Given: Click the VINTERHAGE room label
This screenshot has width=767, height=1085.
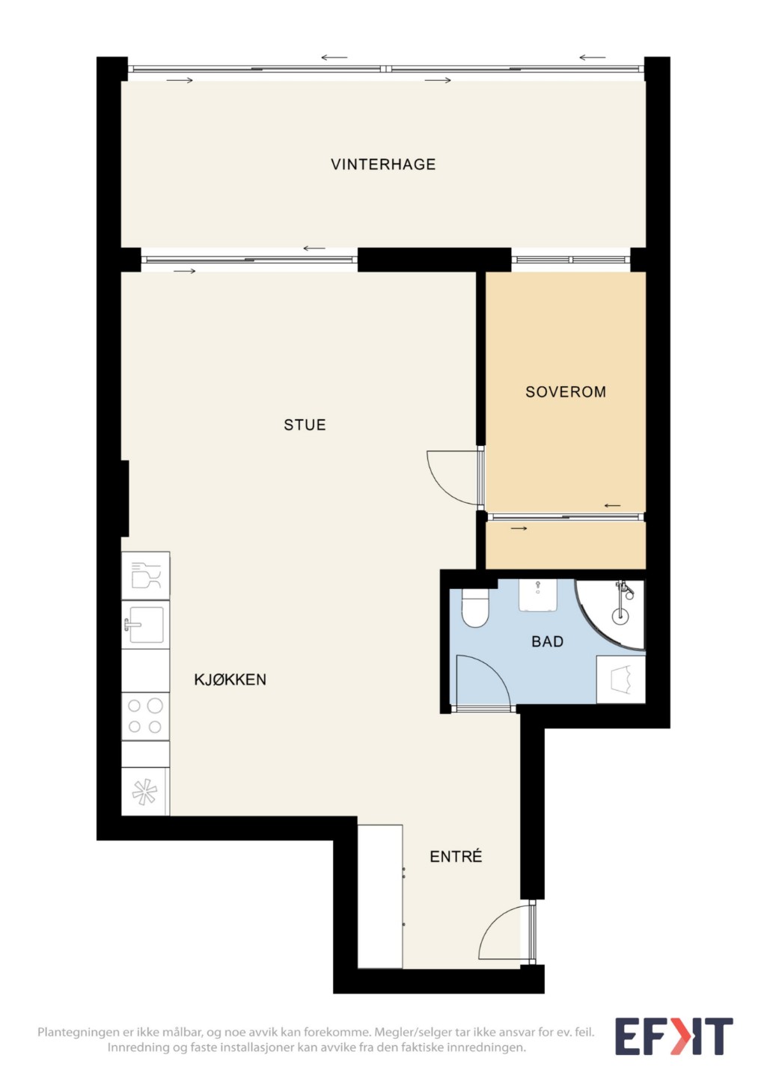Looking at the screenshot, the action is pyautogui.click(x=383, y=165).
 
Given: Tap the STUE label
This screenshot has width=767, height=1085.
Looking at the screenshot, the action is pyautogui.click(x=305, y=425).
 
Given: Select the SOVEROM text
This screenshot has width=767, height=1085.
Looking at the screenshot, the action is pyautogui.click(x=566, y=392).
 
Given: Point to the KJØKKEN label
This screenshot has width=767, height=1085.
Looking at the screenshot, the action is pyautogui.click(x=230, y=679).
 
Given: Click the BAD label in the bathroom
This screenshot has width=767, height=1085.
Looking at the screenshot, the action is pyautogui.click(x=548, y=642).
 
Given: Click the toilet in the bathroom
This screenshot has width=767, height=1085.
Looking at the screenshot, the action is pyautogui.click(x=475, y=608).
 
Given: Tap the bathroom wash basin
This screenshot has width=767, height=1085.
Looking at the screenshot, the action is pyautogui.click(x=538, y=596).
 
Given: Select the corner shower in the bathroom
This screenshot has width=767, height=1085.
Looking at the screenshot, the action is pyautogui.click(x=611, y=614).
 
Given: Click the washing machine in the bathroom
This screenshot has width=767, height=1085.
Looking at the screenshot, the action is pyautogui.click(x=620, y=679).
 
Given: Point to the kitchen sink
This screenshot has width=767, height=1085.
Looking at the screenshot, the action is pyautogui.click(x=145, y=625).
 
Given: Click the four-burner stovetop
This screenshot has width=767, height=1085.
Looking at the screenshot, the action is pyautogui.click(x=145, y=716).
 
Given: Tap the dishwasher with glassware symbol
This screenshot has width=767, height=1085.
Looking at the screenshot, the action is pyautogui.click(x=145, y=576).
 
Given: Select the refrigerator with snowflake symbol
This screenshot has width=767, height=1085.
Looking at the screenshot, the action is pyautogui.click(x=145, y=792).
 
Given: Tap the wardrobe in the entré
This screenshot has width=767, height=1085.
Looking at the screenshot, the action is pyautogui.click(x=380, y=896).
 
